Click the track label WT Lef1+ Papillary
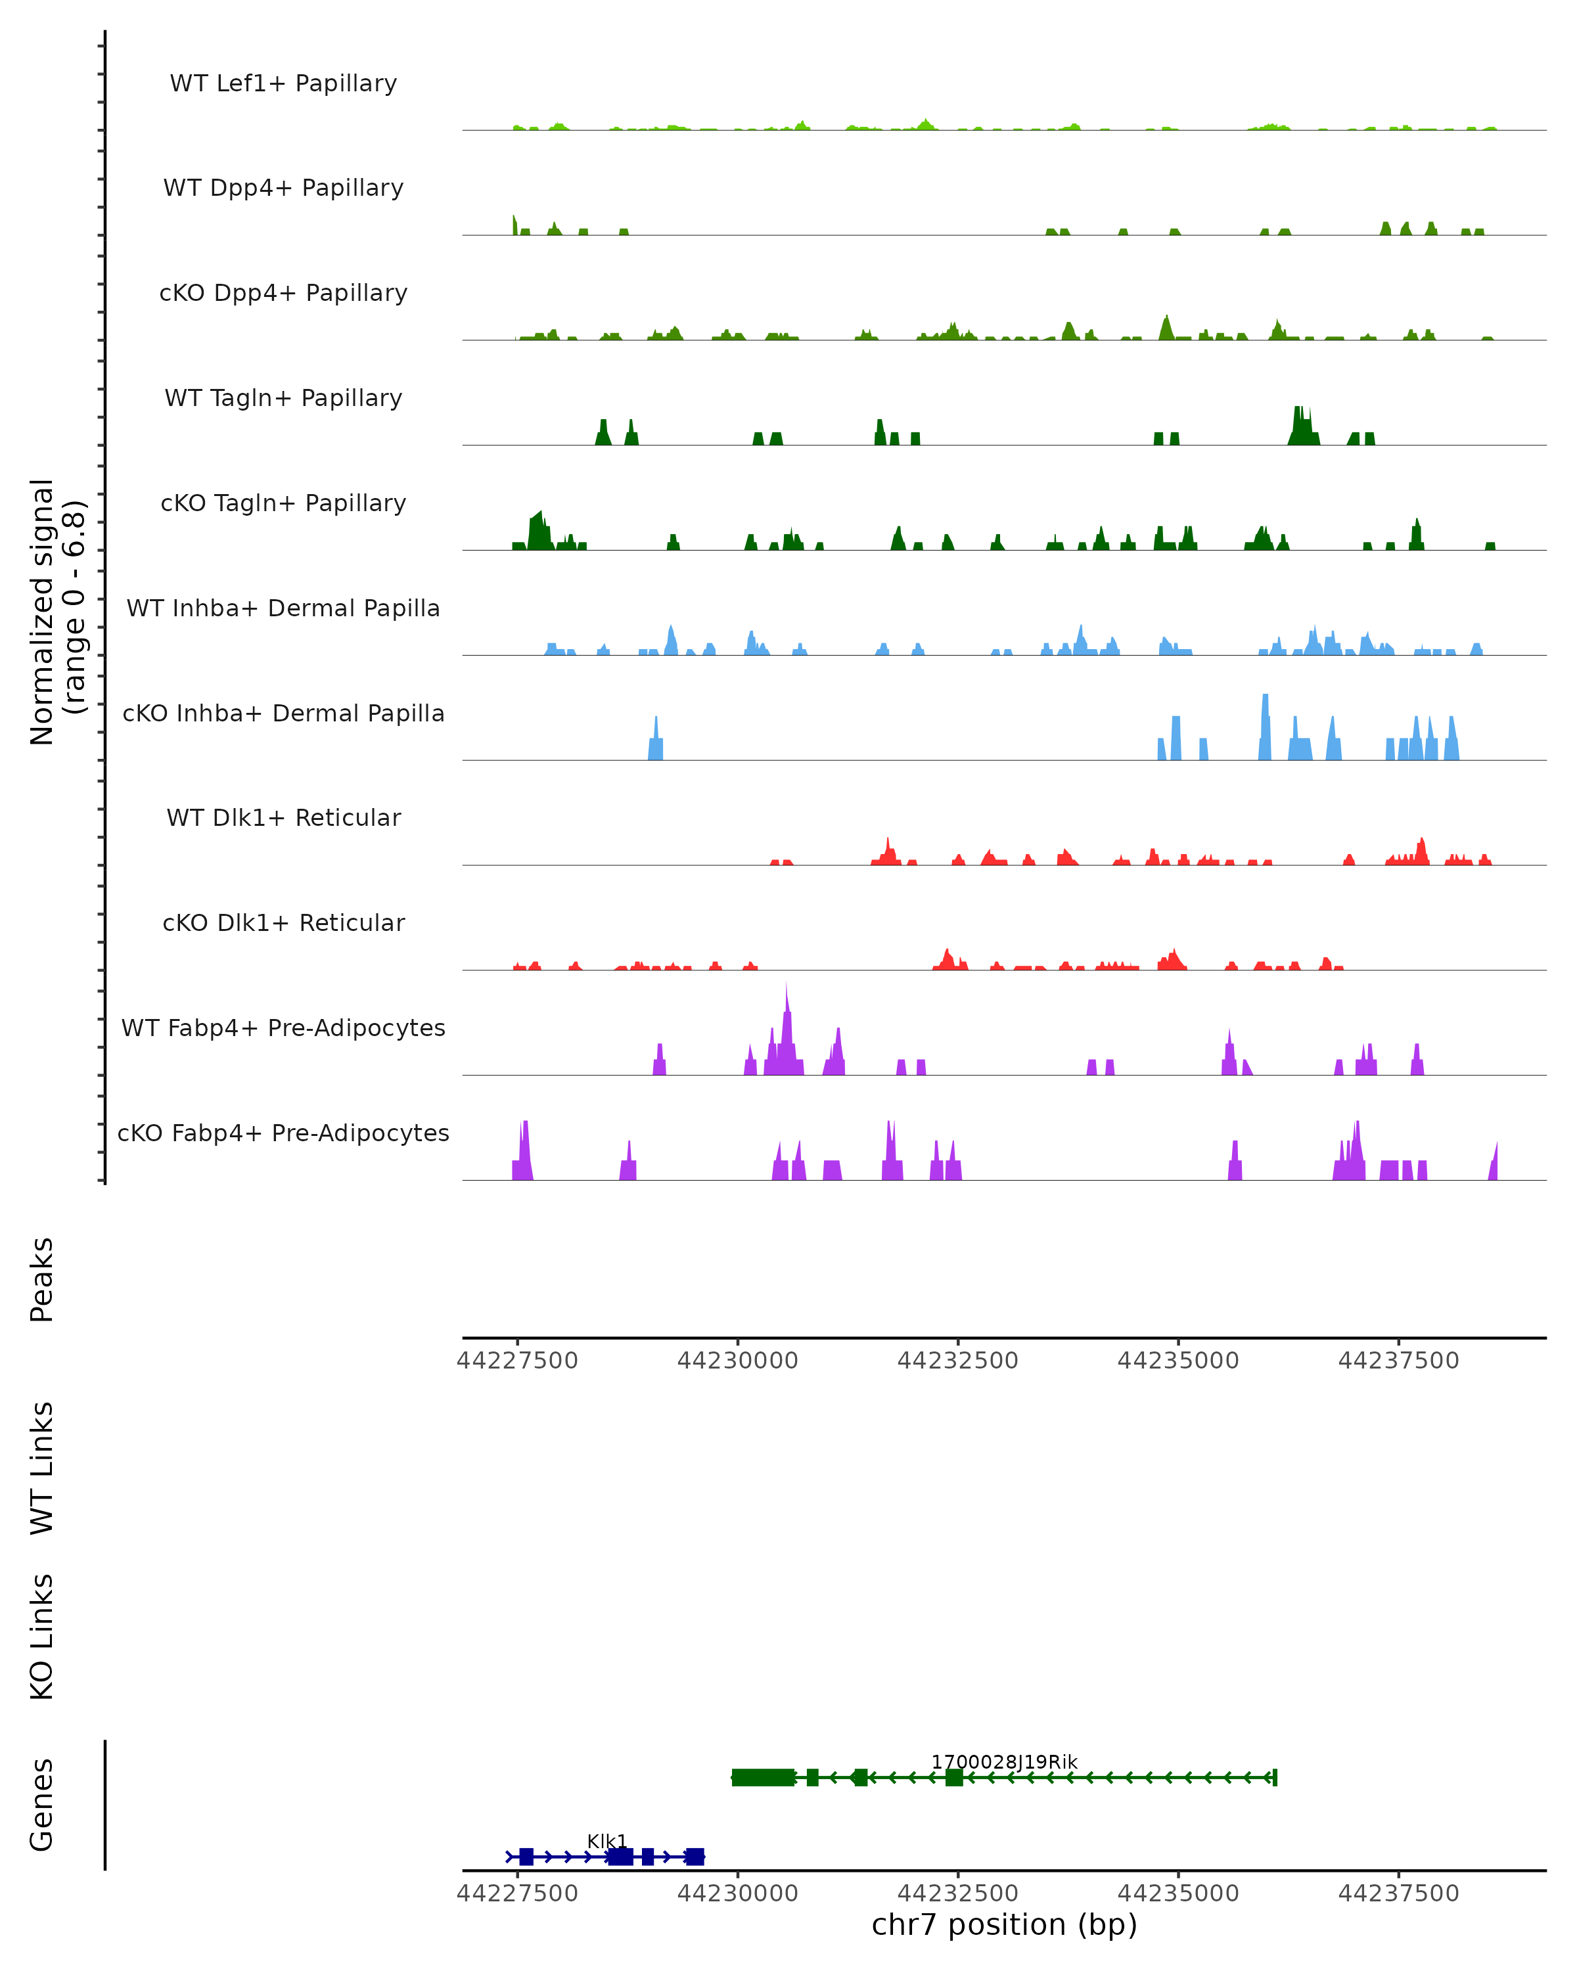click(283, 83)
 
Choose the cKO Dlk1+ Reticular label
click(283, 922)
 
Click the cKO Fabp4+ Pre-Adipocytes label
click(283, 1133)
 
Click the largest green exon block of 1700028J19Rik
click(764, 1777)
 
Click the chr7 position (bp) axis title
click(1004, 1924)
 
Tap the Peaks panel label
click(42, 1279)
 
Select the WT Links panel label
click(42, 1467)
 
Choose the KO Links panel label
click(42, 1637)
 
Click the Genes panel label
click(42, 1805)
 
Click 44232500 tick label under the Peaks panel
click(957, 1361)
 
